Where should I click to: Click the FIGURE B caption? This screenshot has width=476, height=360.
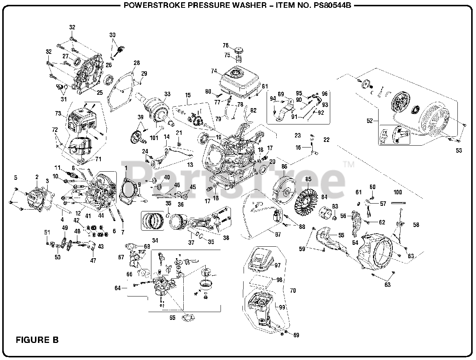tap(37, 340)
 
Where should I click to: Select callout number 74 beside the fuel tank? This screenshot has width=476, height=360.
tap(214, 71)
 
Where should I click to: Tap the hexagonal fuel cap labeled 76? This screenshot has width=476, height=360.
tap(239, 49)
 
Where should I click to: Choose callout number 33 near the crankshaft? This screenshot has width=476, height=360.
tap(167, 94)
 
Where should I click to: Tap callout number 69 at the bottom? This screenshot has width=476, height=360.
tap(296, 335)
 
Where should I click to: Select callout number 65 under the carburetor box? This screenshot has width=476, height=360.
tap(172, 318)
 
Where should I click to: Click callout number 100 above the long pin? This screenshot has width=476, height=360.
tap(398, 192)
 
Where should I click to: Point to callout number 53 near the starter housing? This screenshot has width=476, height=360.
tap(459, 150)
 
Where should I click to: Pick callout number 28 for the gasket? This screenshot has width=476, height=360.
tap(137, 63)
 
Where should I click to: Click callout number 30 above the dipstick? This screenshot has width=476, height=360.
tap(113, 35)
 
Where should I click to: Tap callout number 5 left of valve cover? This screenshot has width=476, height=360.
tap(16, 178)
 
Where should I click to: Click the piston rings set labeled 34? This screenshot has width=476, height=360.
tap(152, 220)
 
